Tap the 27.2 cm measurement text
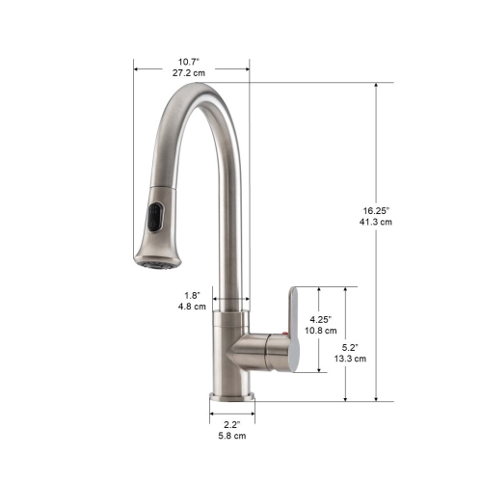point(192,72)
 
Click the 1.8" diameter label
point(191,295)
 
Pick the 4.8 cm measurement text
point(191,308)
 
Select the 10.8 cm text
point(321,331)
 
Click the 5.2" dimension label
point(351,346)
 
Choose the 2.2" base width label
point(231,423)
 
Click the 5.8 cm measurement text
point(231,436)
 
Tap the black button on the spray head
point(154,218)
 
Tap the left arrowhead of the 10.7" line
point(136,68)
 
